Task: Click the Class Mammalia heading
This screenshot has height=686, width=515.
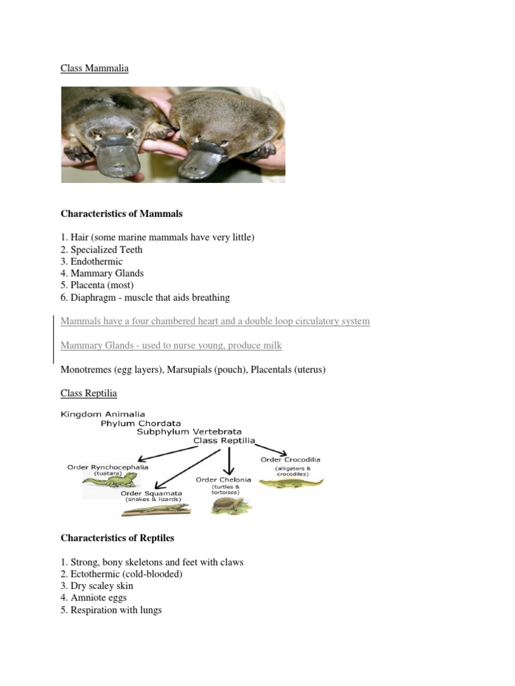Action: click(94, 68)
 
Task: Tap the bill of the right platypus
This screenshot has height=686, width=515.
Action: click(215, 158)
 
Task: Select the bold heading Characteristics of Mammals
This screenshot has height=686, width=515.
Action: click(121, 214)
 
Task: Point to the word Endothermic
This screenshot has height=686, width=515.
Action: click(97, 262)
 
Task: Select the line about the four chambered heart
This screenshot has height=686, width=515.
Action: click(215, 322)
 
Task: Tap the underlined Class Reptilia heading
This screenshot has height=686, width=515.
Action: click(89, 393)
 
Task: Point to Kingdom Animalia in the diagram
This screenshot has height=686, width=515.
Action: click(103, 415)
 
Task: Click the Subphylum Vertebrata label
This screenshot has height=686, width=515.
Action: click(189, 432)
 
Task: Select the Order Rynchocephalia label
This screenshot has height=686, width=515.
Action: click(108, 467)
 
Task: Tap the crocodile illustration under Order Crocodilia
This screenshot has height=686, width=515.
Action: click(290, 482)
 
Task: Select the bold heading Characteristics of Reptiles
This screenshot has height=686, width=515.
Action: click(117, 538)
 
